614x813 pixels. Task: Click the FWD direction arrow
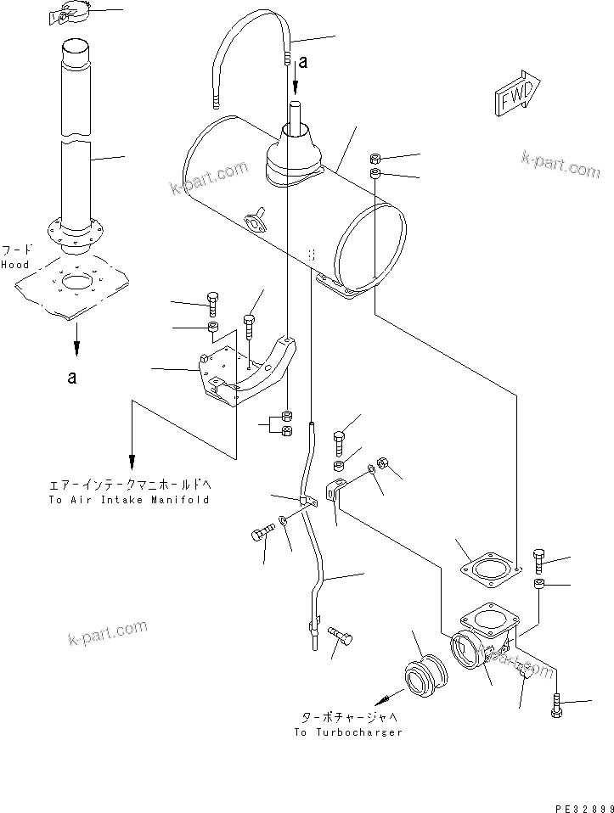(515, 96)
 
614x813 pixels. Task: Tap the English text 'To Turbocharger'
(348, 732)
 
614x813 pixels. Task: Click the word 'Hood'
(14, 265)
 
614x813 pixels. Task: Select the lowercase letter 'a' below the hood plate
(72, 378)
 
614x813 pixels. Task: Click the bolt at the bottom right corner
(556, 704)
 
